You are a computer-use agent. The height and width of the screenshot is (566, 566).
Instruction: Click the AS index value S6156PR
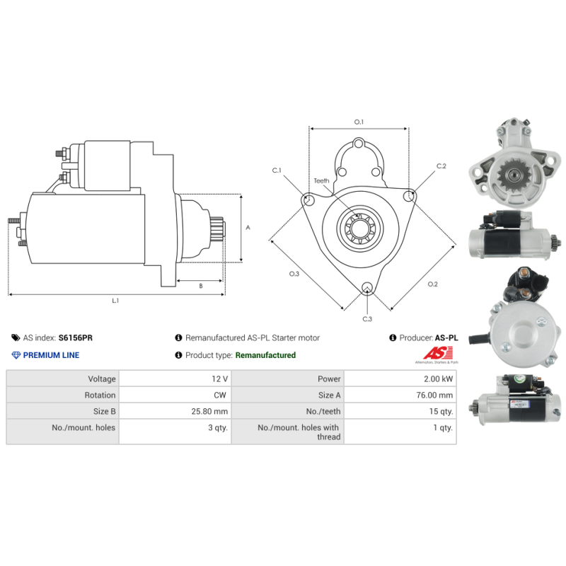(x=76, y=338)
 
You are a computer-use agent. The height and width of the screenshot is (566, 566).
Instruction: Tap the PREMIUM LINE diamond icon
(x=16, y=355)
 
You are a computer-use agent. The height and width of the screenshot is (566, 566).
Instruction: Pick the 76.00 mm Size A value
(x=434, y=395)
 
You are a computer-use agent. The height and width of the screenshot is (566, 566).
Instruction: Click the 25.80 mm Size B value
(x=209, y=411)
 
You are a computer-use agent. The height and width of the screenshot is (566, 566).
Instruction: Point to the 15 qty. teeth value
(x=441, y=411)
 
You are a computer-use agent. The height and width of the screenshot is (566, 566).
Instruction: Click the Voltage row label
(x=102, y=379)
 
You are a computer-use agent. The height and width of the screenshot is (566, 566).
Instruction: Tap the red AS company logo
(x=438, y=353)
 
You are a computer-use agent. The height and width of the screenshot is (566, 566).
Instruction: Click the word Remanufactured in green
(x=265, y=355)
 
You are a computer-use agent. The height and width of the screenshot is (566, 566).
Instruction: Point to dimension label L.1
(x=115, y=300)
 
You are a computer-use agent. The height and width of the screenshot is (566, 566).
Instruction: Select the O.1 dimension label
(x=359, y=122)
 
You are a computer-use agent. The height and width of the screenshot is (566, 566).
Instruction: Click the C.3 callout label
(x=367, y=319)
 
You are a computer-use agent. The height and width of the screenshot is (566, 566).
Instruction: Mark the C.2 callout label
(x=441, y=166)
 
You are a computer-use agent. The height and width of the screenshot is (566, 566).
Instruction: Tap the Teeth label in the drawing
(x=321, y=180)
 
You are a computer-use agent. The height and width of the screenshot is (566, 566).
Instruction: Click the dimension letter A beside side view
(x=248, y=227)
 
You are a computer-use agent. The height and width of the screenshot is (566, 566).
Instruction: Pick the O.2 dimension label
(x=432, y=284)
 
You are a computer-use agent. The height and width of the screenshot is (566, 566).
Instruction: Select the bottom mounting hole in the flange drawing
(x=367, y=288)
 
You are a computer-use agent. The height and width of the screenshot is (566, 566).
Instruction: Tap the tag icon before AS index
(x=16, y=338)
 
